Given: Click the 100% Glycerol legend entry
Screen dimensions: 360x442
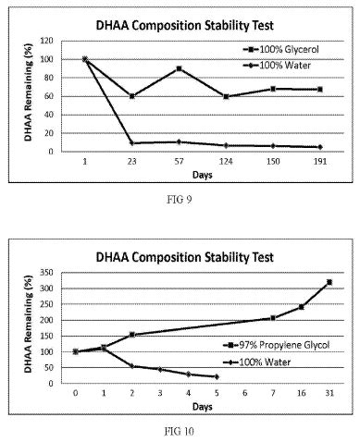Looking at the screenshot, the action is coord(280,49).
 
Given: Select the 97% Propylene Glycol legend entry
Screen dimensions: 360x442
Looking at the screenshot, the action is coord(277,345).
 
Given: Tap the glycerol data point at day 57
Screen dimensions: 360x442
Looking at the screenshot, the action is coord(179,68).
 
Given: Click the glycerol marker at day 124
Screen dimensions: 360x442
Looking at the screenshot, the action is coord(226,96).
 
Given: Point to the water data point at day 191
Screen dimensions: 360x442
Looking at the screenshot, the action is coord(320,147).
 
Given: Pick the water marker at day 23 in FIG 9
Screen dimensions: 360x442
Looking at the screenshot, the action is coord(132,143).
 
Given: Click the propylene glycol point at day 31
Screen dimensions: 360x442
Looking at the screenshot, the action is coord(329,282).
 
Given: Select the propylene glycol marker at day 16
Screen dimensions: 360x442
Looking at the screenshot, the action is coord(302,307).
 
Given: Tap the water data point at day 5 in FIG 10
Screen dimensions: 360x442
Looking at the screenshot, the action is coord(217,376).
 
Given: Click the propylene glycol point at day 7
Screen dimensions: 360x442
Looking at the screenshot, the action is coord(273,318).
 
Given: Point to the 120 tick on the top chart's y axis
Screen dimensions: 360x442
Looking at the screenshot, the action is coord(47,41).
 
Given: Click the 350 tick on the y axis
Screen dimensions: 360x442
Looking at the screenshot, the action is coord(47,273).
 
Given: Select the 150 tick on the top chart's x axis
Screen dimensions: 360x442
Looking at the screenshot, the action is coord(273,161).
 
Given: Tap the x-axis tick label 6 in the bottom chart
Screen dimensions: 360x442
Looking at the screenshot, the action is coord(245,393).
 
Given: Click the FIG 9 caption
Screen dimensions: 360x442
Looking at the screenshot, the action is coord(180,200).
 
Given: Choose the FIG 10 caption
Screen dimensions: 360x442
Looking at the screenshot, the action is coord(180,431).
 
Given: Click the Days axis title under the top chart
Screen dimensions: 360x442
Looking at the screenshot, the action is coord(203,175).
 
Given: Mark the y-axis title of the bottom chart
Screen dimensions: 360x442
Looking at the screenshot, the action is coord(29,324).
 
